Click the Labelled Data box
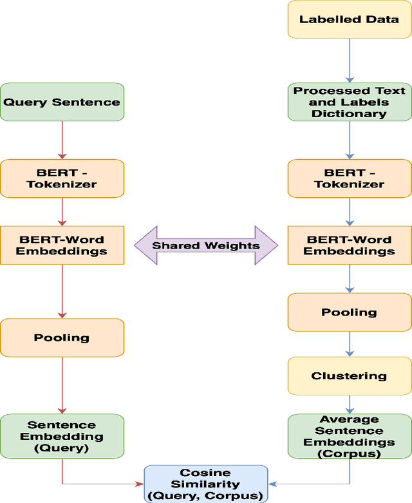350,19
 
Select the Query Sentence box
62,102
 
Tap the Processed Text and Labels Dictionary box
350,102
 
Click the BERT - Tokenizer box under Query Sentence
62,178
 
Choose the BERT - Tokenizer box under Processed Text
350,178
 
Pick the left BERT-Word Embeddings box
62,245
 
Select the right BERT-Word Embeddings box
350,245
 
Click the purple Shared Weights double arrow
206,245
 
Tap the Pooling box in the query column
62,337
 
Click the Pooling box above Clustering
350,312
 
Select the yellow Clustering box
350,375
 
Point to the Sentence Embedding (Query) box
62,436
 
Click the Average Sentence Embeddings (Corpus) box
350,436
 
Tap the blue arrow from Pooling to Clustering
350,344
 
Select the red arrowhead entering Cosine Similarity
139,483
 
